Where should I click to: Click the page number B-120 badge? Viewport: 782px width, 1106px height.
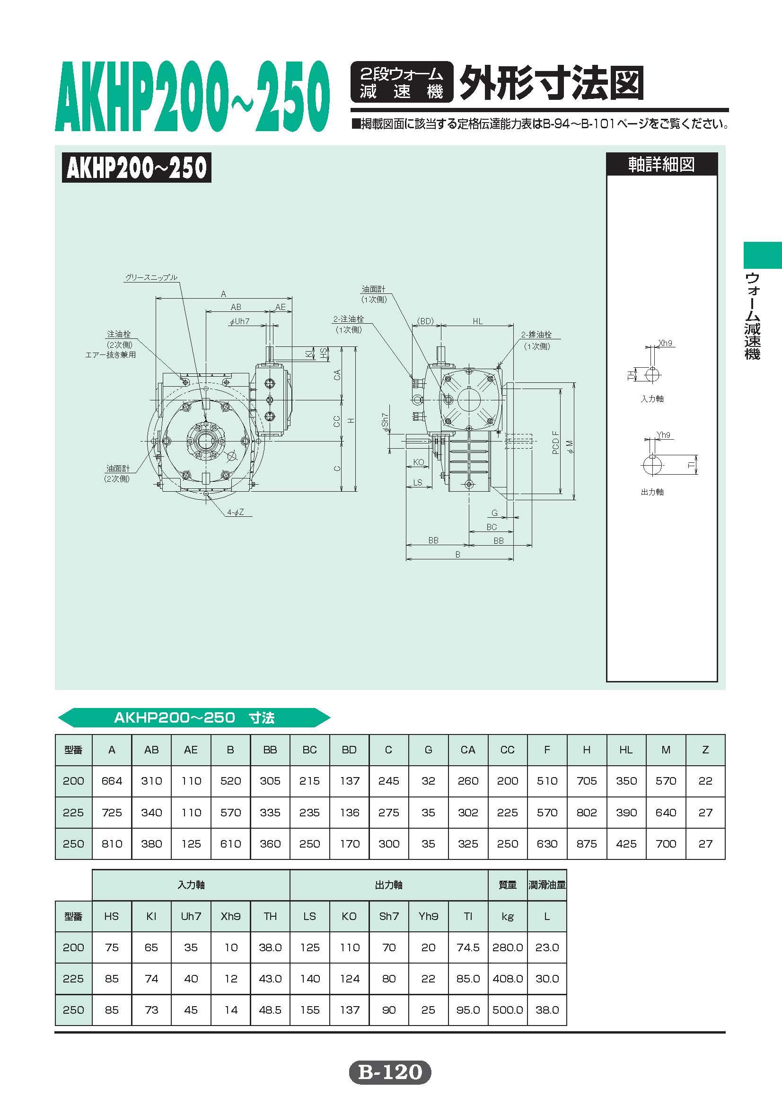coord(390,1073)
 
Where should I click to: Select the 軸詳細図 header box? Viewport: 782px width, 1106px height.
coord(661,165)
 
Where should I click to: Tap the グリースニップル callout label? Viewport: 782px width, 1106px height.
coord(151,277)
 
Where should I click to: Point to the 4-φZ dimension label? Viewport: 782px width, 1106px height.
coord(236,512)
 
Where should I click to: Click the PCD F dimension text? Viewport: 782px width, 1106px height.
coord(556,442)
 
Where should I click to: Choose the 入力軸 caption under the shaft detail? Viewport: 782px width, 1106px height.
coord(652,399)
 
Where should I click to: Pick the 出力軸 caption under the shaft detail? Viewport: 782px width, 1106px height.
coord(652,492)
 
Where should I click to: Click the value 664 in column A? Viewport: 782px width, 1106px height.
coord(112,781)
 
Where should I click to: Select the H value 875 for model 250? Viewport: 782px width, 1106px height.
coord(587,843)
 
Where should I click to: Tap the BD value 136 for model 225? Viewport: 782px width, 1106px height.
coord(349,812)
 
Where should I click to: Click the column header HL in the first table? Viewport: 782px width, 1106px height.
coord(626,750)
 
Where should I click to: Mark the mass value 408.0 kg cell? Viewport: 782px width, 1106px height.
coord(508,978)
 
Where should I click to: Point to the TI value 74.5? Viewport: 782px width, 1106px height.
coord(468,947)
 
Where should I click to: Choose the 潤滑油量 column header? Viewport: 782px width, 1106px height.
coord(547,885)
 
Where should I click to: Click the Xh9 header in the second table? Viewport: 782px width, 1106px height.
coord(230,916)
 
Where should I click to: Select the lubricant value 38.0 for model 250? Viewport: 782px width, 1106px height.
coord(547,1009)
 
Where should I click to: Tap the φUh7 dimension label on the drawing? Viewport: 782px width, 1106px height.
coord(240,321)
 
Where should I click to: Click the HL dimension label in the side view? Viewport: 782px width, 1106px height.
coord(477,321)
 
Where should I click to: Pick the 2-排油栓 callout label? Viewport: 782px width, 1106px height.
coord(536,334)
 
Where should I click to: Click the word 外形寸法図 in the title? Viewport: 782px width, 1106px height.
coord(551,83)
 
